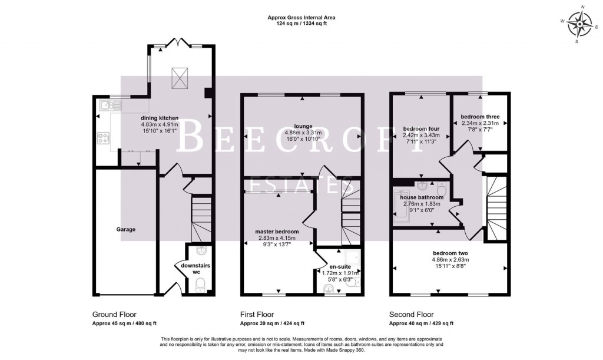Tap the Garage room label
point(126,229)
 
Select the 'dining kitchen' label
point(160,118)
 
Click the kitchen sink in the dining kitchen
point(110,105)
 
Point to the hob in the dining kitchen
point(103,138)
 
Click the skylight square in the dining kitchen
point(180,78)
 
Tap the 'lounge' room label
point(303,126)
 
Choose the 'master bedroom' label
point(277,232)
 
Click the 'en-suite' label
point(340,266)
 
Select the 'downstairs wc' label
point(196,269)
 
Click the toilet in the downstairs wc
point(200,285)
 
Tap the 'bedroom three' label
point(480,117)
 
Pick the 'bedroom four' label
point(421,129)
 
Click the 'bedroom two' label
point(450,253)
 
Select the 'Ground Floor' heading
point(114,315)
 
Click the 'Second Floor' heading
point(411,315)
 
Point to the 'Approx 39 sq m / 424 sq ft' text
point(272,323)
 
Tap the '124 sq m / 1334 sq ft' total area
point(301,24)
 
